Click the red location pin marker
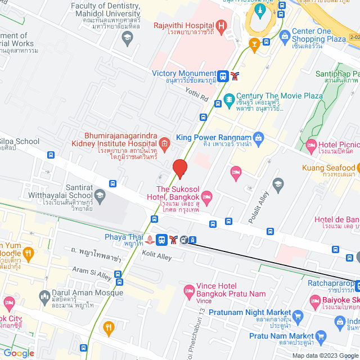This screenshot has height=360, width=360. tap(179, 168)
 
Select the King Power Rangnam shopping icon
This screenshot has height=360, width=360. tap(258, 137)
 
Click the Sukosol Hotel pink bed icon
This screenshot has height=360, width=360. tap(206, 196)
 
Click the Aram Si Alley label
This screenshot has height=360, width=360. tap(92, 273)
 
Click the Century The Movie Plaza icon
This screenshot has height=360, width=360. tap(229, 100)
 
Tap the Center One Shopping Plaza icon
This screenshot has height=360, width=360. tap(285, 37)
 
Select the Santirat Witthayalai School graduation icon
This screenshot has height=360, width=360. tap(100, 195)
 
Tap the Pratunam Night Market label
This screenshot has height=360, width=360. tap(245, 312)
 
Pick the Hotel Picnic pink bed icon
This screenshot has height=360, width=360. tap(311, 147)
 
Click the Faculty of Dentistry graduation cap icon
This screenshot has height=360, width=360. tap(127, 38)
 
